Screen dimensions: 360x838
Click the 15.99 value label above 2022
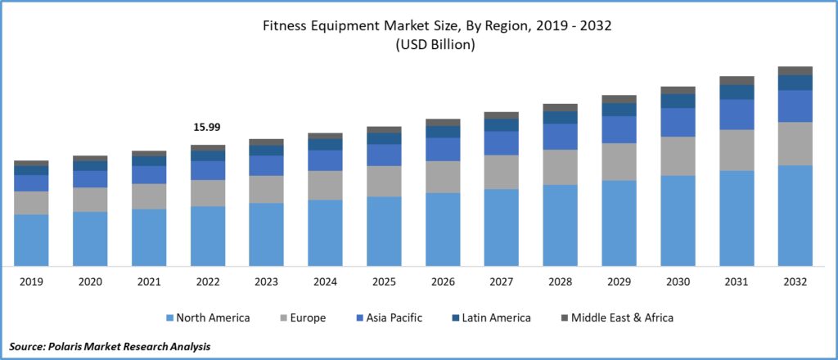coord(207,128)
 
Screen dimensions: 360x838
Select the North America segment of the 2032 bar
coord(795,215)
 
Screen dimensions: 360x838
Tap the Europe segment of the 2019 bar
coord(31,203)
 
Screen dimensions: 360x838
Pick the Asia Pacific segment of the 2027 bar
coord(501,143)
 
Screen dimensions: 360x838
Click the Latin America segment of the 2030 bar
coord(678,101)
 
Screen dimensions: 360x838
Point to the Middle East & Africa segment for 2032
coord(795,70)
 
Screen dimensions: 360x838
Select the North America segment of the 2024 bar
coord(325,232)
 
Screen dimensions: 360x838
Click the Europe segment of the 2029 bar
coord(619,161)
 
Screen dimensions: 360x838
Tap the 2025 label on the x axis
coord(384,281)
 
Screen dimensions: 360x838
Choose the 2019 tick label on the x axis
coord(31,281)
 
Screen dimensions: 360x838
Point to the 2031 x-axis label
coord(736,281)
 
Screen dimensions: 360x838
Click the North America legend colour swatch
coord(170,317)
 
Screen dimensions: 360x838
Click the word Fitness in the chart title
coord(284,26)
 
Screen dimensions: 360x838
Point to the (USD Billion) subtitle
coord(435,46)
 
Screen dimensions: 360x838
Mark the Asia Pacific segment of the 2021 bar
coord(149,174)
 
